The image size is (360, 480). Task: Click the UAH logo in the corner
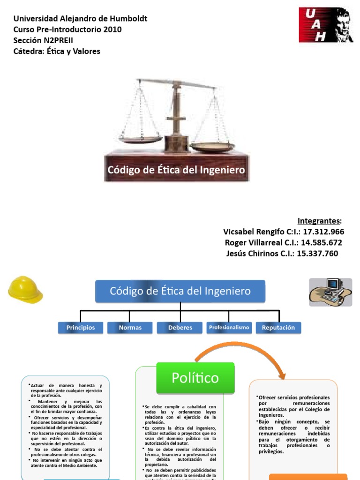[326, 25]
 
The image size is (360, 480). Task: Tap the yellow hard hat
[25, 289]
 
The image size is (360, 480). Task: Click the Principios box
[80, 328]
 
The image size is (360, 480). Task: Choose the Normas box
[130, 328]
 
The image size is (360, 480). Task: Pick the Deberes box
[180, 328]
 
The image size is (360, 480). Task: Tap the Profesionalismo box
[229, 327]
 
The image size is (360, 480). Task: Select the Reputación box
[278, 328]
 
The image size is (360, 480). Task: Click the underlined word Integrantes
[319, 221]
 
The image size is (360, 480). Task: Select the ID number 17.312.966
[323, 232]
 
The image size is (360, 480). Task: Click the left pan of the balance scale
[139, 139]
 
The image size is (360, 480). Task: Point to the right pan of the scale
[212, 147]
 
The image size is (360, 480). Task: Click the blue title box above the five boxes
[180, 291]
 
